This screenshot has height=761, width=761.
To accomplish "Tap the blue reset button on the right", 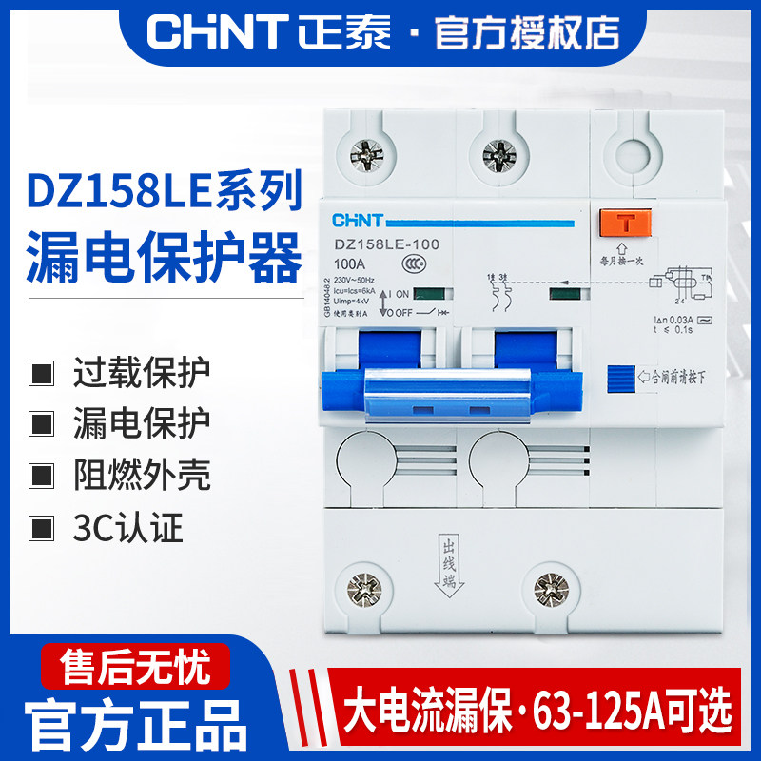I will point(619,377).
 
